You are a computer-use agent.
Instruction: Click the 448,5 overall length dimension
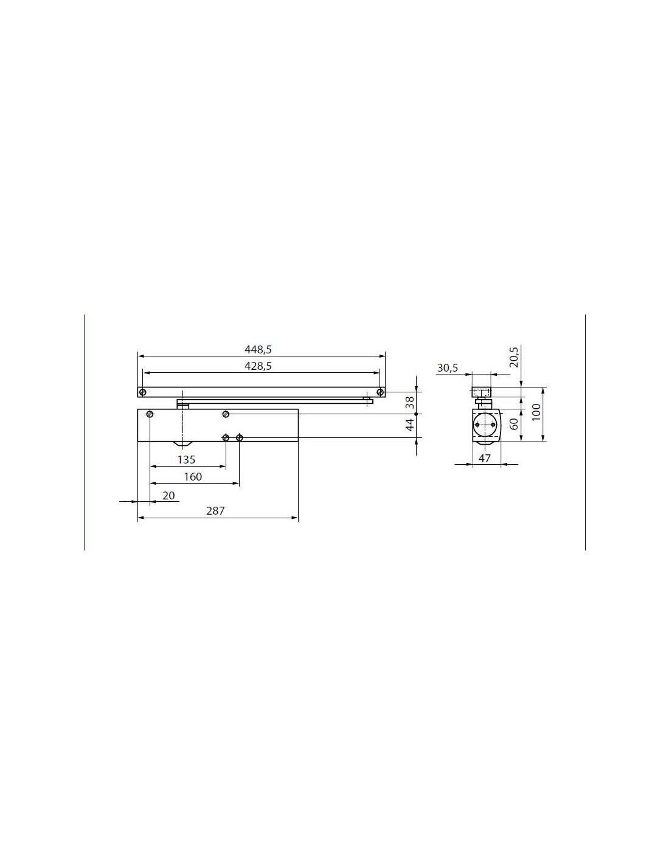[x=258, y=350]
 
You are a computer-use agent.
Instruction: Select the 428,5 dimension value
[x=258, y=366]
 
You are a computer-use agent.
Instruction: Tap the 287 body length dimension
[x=215, y=510]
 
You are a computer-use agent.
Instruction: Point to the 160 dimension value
[x=193, y=476]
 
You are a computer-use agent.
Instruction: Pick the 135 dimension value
[x=186, y=460]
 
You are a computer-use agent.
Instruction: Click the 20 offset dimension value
[x=168, y=496]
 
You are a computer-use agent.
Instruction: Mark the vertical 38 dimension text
[x=409, y=403]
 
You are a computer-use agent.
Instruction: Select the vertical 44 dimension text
[x=409, y=425]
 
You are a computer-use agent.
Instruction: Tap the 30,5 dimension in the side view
[x=448, y=368]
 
